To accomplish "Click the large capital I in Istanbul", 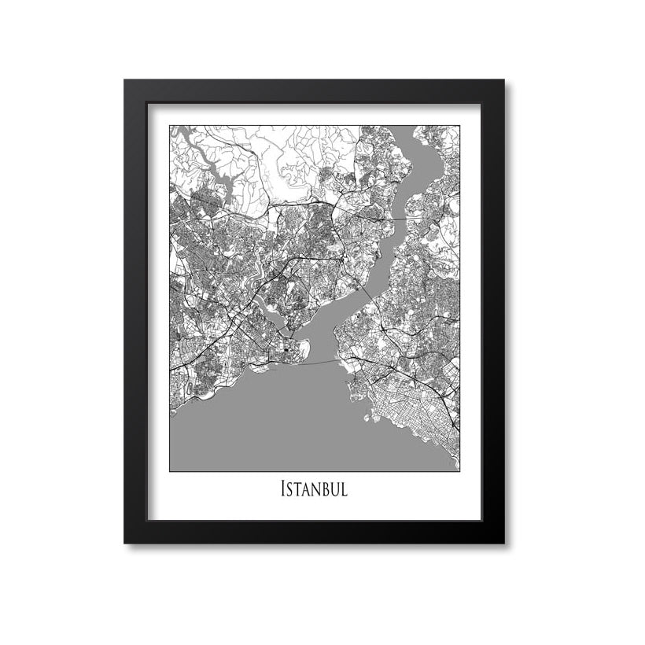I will (283, 488).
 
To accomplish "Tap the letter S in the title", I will (291, 489).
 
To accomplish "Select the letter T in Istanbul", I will (300, 489).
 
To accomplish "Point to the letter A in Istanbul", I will (308, 489).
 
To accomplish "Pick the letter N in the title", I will (318, 489).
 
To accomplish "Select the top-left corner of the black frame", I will (126, 81).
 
